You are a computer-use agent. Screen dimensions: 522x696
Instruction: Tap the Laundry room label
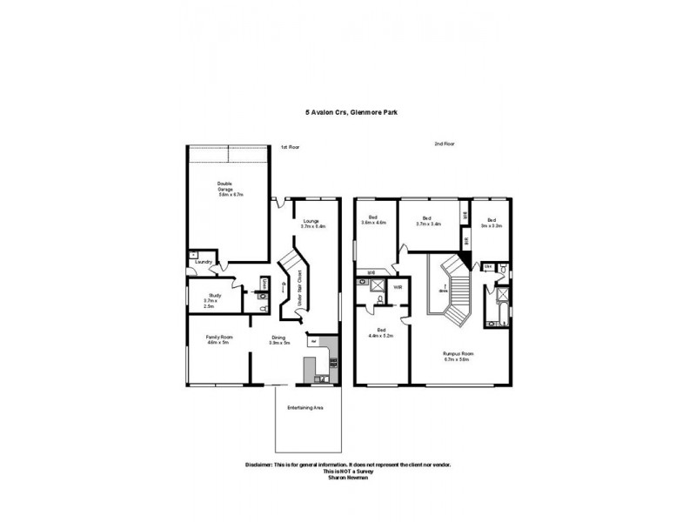coord(204,261)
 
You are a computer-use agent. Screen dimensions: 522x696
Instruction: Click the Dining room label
coord(279,339)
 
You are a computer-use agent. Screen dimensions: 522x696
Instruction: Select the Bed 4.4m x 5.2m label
coord(381,332)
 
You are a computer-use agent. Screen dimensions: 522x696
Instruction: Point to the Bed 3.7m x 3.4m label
coord(427,221)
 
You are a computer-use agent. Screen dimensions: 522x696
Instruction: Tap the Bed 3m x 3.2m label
coord(492,222)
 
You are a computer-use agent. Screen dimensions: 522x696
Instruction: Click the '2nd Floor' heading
coord(444,144)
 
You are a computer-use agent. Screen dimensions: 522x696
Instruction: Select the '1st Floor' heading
coord(290,147)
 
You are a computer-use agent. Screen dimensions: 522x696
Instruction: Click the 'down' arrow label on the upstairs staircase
coord(445,290)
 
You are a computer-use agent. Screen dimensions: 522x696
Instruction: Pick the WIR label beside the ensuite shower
coord(398,286)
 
